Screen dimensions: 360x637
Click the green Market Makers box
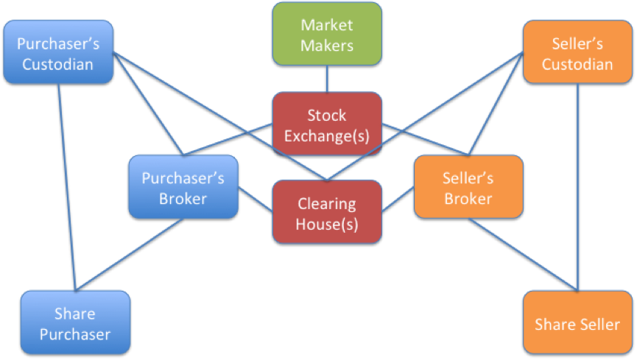coord(327,34)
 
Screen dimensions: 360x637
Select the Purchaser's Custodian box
coord(58,53)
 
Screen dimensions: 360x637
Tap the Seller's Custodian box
coord(577,53)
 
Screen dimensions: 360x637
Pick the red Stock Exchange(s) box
coord(327,124)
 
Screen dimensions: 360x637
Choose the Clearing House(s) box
coord(327,212)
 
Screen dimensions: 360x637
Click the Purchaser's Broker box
coord(183,187)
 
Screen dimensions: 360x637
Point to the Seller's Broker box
coord(468,187)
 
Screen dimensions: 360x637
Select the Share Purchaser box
coord(74,323)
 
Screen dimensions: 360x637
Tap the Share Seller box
coord(577,323)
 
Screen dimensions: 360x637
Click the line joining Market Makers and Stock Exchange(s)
coord(327,80)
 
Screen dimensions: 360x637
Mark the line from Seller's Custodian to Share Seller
coord(578,184)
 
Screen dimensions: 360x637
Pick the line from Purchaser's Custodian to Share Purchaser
coord(67,184)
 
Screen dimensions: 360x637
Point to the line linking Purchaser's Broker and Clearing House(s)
coord(256,199)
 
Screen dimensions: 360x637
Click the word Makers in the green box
coord(327,45)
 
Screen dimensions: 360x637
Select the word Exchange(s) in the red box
coord(327,135)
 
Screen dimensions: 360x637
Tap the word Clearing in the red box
coord(327,203)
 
